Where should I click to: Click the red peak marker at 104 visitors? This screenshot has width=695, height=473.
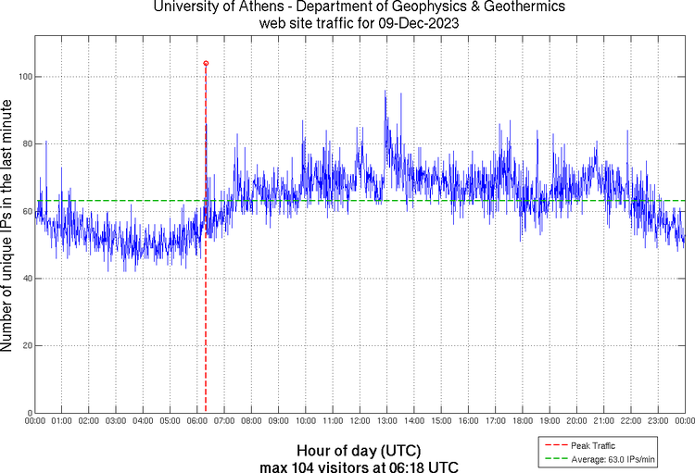coord(206,63)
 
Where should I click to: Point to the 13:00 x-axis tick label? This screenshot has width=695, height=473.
coord(386,421)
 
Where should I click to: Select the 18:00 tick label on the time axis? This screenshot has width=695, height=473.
coord(523,421)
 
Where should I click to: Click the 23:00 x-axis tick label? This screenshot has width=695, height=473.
coord(658,421)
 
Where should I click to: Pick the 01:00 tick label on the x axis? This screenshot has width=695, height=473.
coord(62,421)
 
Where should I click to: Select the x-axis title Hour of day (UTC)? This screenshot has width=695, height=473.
coord(360,451)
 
